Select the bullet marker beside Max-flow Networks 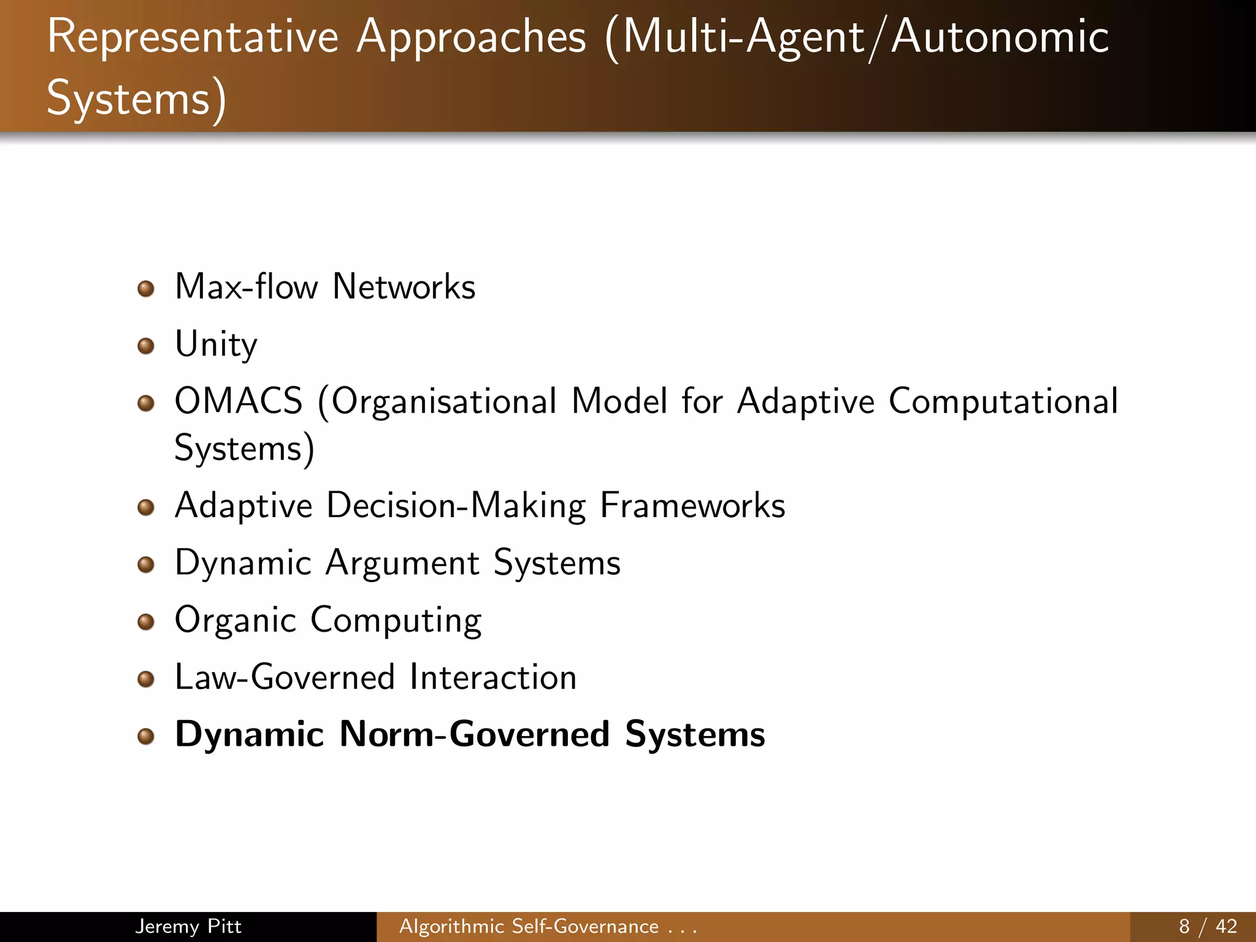click(145, 289)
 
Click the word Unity click(216, 345)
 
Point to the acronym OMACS click(239, 402)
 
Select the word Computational click(1003, 402)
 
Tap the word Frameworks click(692, 506)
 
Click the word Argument click(402, 564)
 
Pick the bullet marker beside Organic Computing click(145, 622)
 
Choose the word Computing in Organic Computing click(396, 621)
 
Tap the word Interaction click(493, 678)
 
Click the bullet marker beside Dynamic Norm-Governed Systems click(145, 737)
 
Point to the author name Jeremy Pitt click(188, 926)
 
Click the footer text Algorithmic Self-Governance click(529, 926)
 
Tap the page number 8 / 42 click(1208, 926)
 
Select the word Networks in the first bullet click(404, 287)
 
